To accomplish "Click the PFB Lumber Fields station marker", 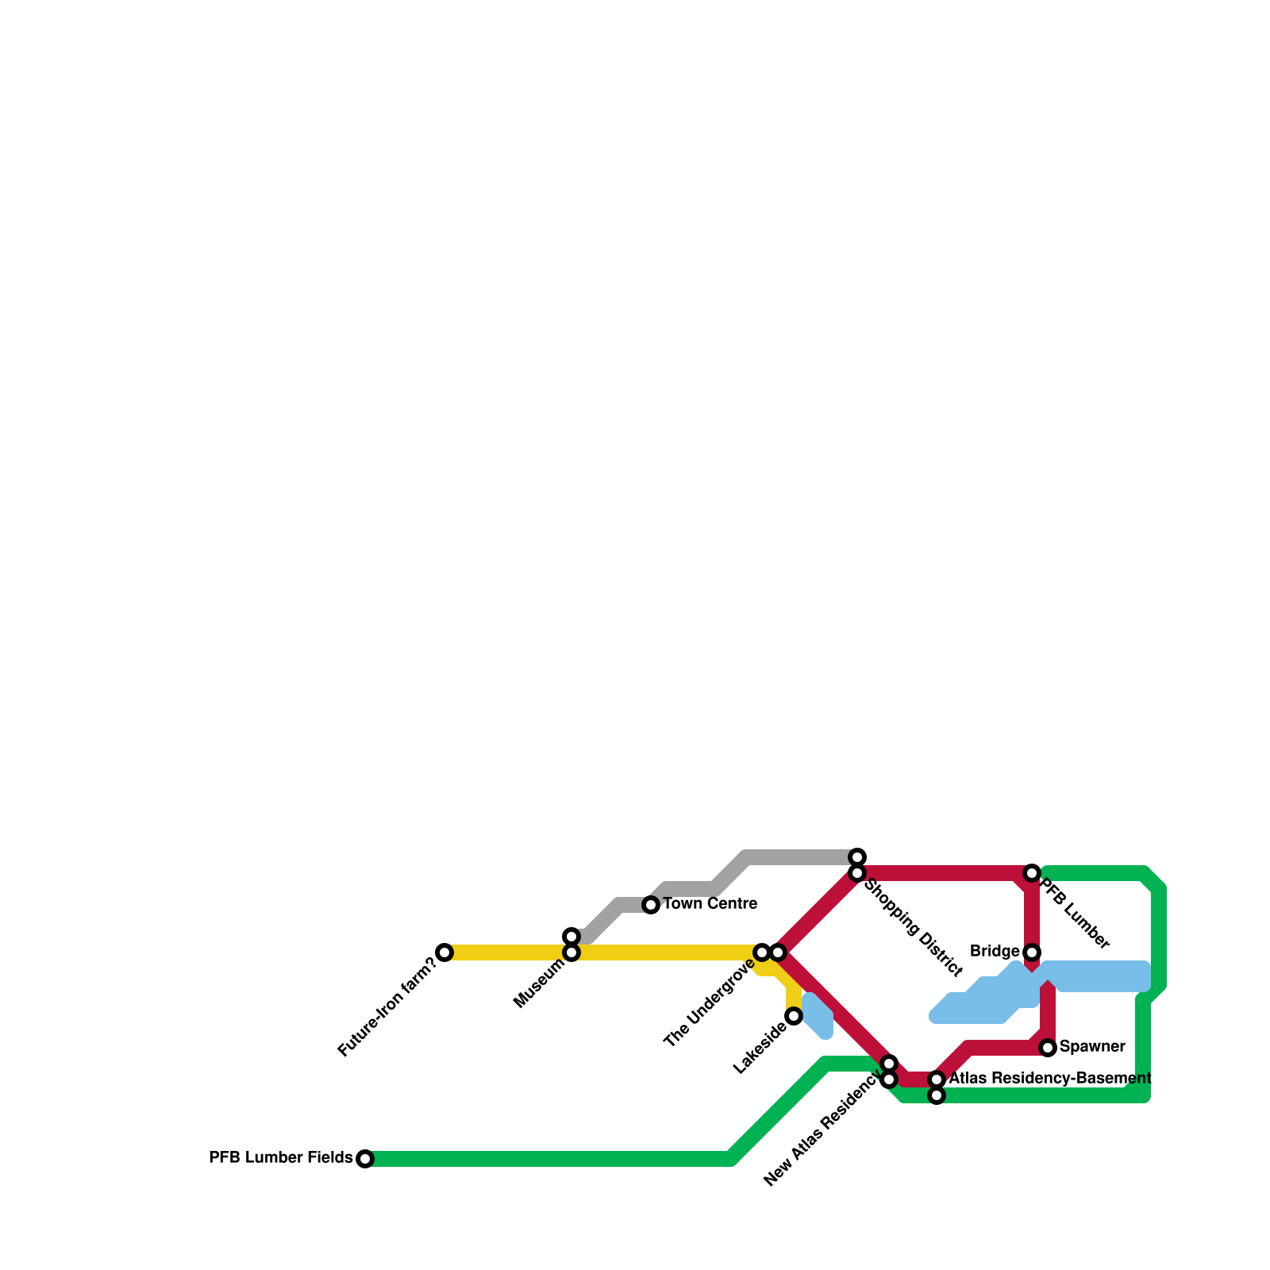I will pos(365,1159).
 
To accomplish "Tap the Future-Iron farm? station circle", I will pos(444,952).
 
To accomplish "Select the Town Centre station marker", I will pos(651,905).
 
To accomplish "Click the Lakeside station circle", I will pos(794,1017).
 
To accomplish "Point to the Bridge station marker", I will pos(1032,952).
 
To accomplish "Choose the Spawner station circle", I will pos(1048,1048).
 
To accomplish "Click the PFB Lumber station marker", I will pos(1032,873).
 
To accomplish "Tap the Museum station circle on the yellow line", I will pos(571,952).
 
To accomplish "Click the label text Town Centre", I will pos(710,904).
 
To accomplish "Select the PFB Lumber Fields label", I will pos(280,1158).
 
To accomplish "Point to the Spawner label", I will pos(1092,1047).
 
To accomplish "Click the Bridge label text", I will pos(995,952).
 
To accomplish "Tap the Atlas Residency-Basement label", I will pos(1050,1079).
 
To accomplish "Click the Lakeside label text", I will pos(760,1050).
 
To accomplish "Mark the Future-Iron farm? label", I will pos(387,1007).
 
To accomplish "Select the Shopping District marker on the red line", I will pos(857,873).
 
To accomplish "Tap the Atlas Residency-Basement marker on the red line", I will pos(937,1079).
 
